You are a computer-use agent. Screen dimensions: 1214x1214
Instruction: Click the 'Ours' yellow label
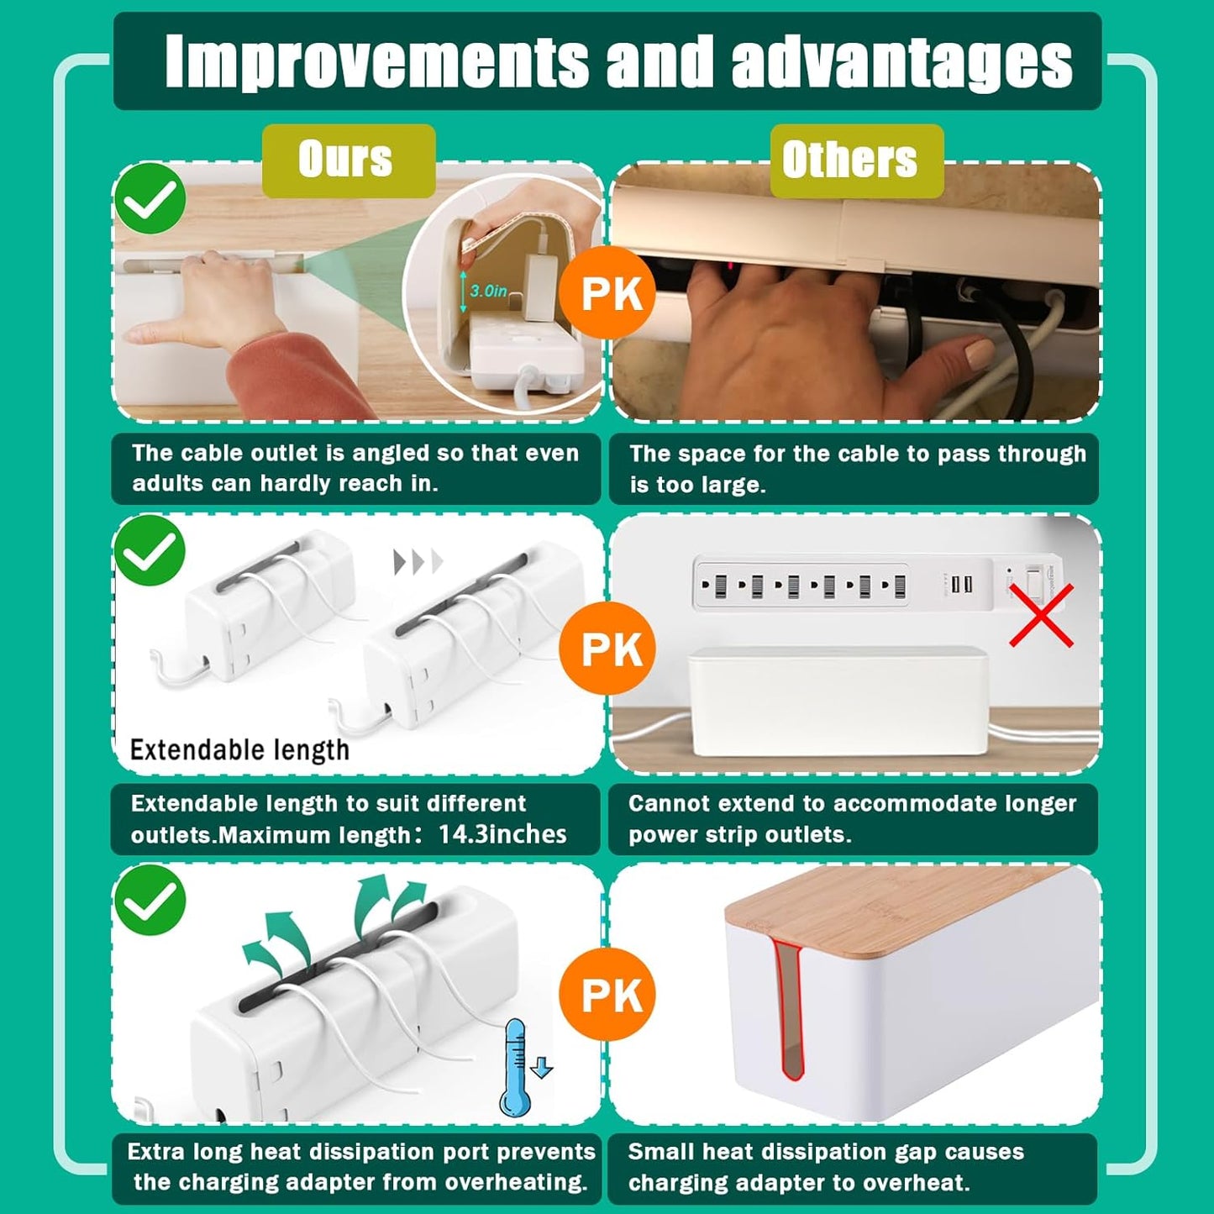pos(347,160)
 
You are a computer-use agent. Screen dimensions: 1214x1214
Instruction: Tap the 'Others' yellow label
pos(850,160)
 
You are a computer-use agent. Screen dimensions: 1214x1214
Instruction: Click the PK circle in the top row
pos(611,293)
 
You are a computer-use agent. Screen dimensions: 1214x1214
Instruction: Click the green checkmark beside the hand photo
pos(150,198)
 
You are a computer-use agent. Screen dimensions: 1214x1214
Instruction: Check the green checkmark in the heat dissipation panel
pos(150,899)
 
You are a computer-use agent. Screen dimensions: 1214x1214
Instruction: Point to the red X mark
pos(1041,616)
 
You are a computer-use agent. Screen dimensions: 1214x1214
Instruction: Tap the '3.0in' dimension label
pos(488,292)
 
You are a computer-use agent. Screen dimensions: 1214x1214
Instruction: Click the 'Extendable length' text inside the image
pos(239,749)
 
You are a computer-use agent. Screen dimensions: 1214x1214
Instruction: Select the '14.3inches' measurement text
pos(502,834)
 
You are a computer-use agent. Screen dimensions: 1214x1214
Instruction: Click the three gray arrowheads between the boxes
pos(418,562)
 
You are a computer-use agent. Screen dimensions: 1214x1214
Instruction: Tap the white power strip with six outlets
pos(874,586)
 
